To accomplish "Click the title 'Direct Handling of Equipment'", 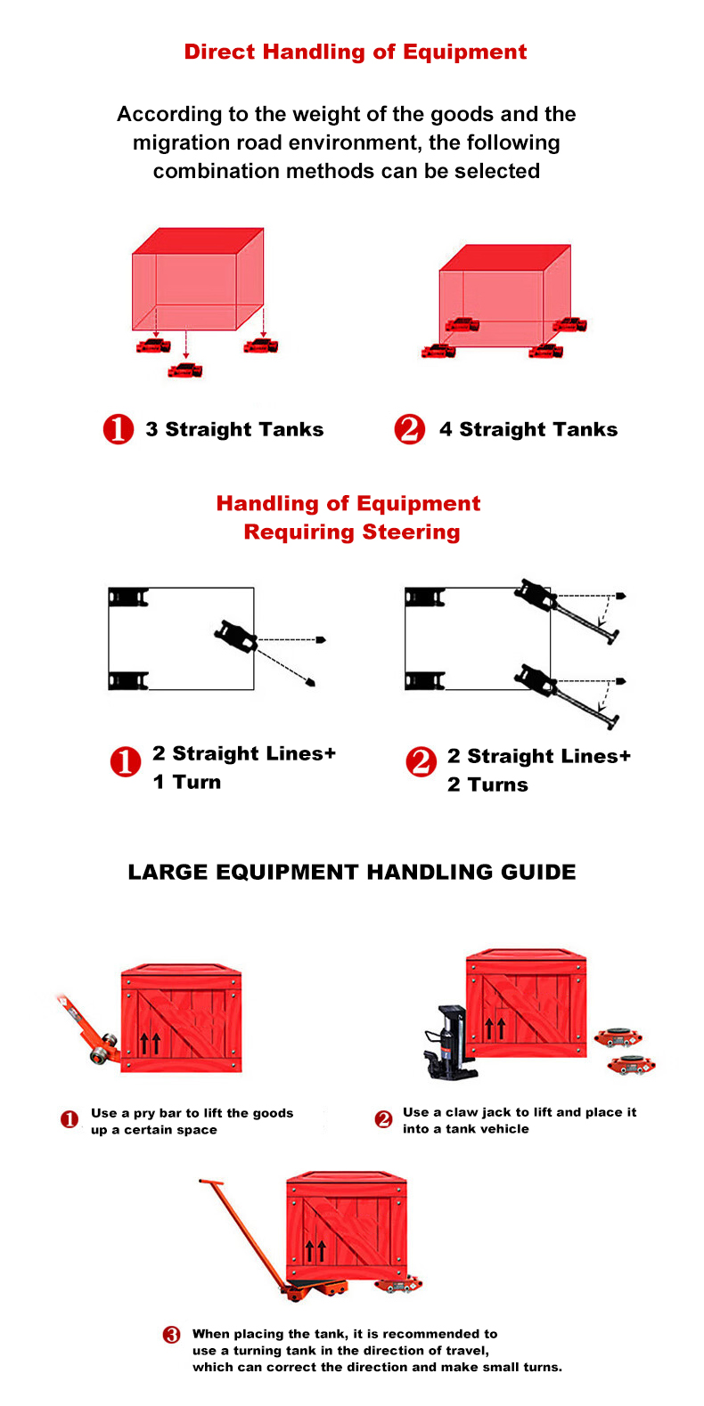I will pos(355,52).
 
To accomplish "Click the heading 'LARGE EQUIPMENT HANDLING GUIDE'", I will pos(351,872).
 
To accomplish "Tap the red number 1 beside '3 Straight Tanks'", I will pos(118,429).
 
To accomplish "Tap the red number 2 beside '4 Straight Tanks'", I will pos(409,429).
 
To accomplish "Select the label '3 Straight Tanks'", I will pos(234,429).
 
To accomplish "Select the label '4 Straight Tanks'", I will pos(528,429).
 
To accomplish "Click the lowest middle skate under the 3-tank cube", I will pos(185,369).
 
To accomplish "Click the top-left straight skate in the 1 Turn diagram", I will pos(127,597).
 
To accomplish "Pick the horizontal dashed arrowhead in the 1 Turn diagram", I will pos(321,639).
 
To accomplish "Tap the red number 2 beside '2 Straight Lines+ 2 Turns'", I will pos(421,762).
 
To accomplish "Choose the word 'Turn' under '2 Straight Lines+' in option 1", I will pos(197,782).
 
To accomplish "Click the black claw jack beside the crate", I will pos(446,1042).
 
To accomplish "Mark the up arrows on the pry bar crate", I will pos(151,1041).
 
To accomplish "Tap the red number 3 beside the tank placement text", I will pos(172,1334).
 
